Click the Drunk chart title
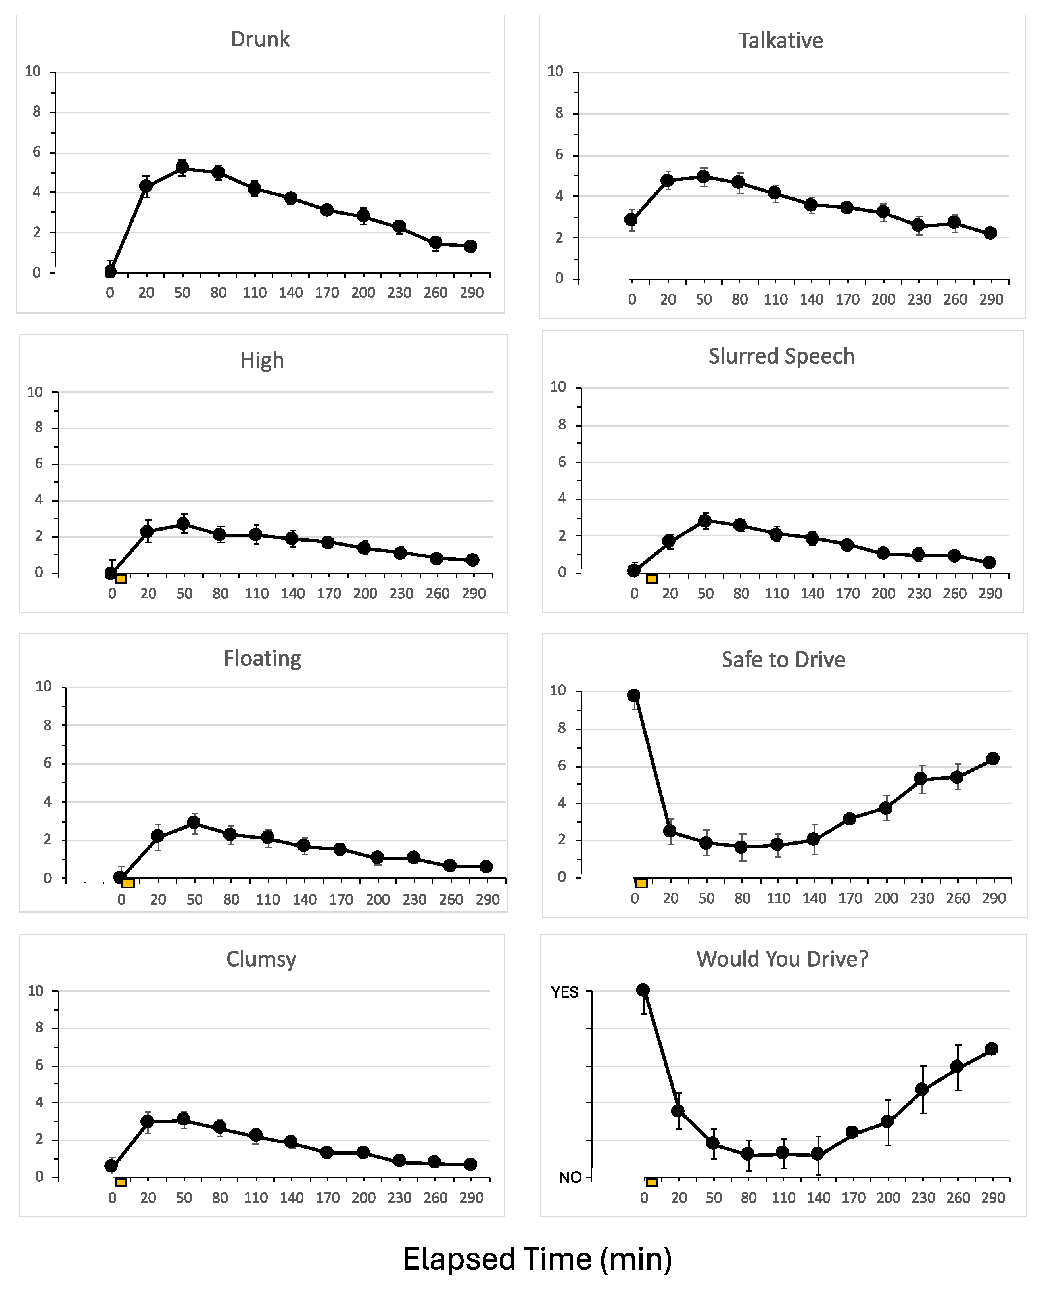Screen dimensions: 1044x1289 click(260, 39)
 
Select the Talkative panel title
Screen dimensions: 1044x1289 click(781, 40)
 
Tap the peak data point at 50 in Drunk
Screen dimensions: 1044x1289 click(182, 167)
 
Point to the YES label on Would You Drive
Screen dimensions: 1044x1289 click(565, 992)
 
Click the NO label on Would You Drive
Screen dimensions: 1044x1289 click(570, 1177)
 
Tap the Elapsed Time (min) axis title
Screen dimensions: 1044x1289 click(537, 1258)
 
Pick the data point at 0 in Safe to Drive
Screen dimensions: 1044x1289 click(633, 695)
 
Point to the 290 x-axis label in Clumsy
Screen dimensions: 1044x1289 click(472, 1198)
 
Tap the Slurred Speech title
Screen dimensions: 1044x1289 click(781, 356)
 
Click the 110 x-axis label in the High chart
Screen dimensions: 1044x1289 click(257, 594)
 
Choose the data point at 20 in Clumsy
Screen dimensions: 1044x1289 click(147, 1121)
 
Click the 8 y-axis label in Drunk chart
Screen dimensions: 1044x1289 click(36, 112)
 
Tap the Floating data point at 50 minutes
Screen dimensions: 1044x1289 click(194, 822)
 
